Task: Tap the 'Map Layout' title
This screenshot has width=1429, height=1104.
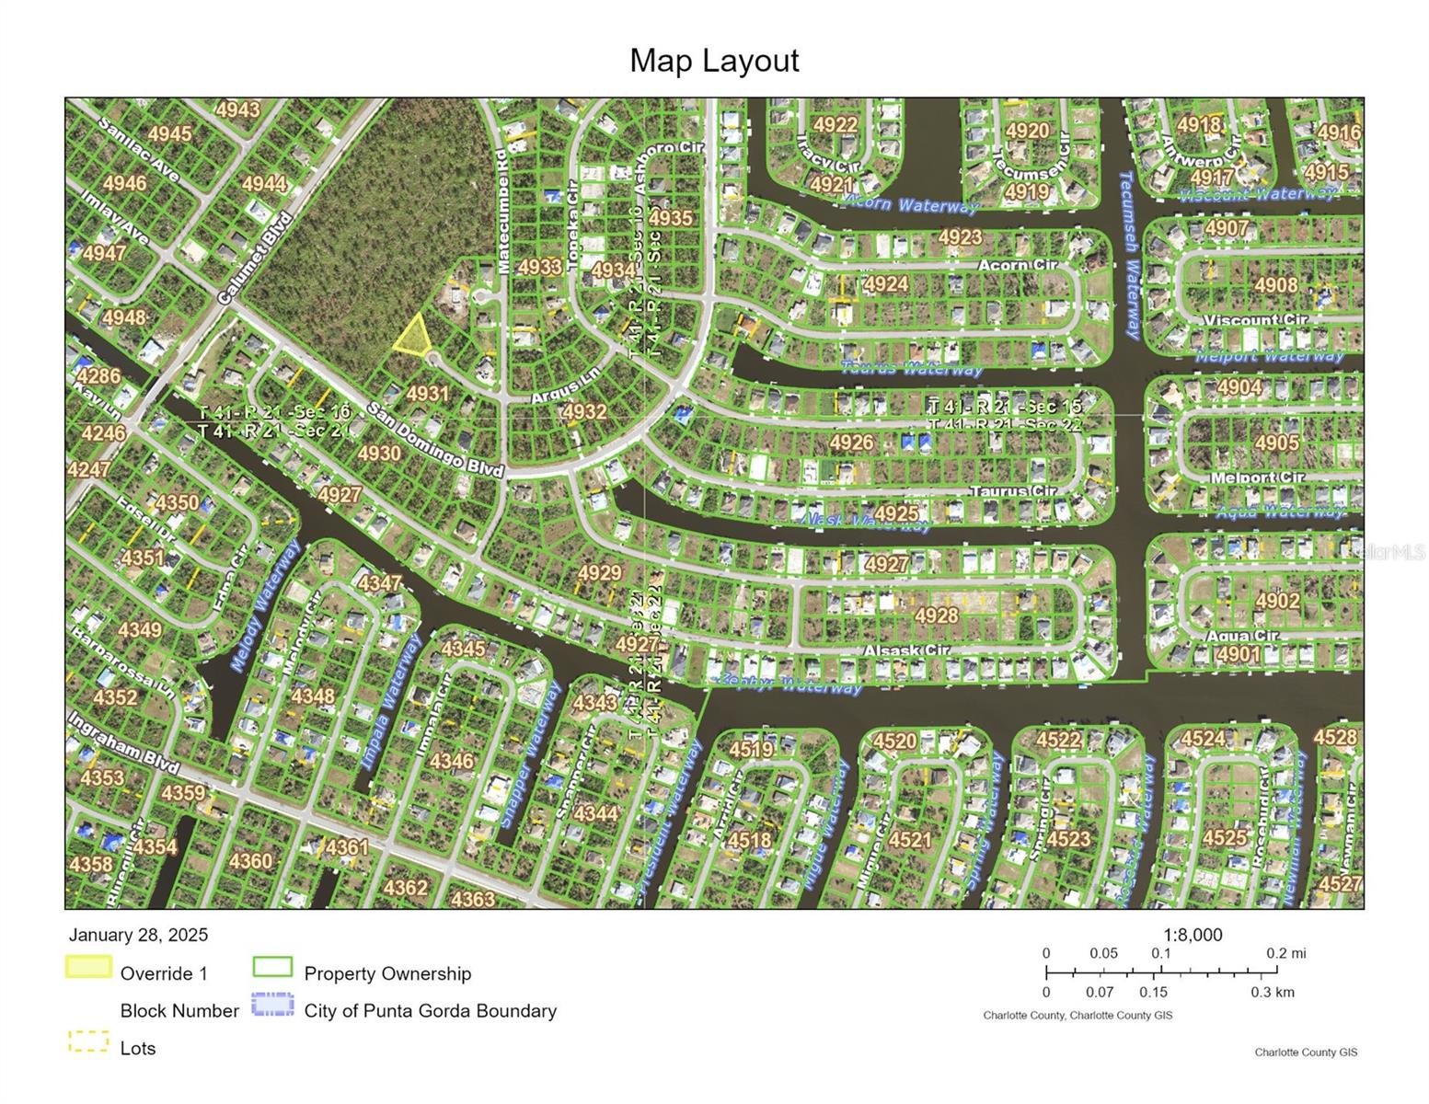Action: click(714, 61)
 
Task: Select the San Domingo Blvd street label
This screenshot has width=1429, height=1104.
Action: click(435, 439)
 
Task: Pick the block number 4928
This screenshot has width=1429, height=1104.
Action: click(936, 615)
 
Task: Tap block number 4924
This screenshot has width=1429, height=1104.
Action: click(886, 284)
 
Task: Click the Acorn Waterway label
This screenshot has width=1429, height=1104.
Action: click(910, 204)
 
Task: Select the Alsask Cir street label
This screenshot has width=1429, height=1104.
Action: click(905, 650)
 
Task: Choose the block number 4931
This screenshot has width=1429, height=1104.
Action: click(427, 394)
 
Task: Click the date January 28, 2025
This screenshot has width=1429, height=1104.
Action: click(138, 935)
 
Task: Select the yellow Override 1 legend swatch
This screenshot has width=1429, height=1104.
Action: click(88, 968)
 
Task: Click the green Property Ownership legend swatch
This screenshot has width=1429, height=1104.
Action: click(272, 968)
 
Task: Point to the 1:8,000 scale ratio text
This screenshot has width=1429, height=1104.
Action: click(1193, 935)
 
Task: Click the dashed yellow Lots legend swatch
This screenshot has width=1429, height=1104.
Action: click(88, 1042)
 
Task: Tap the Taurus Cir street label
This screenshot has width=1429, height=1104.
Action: click(1014, 492)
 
